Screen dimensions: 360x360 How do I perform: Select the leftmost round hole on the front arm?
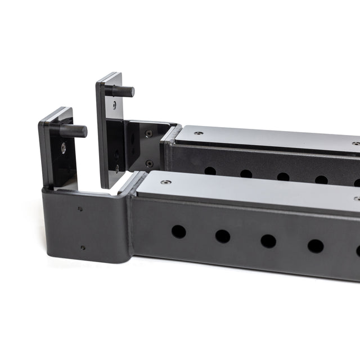(x=179, y=232)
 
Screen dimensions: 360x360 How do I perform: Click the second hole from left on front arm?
(x=223, y=236)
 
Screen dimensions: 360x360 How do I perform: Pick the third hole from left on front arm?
(x=268, y=241)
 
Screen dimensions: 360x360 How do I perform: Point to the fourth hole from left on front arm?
(x=316, y=246)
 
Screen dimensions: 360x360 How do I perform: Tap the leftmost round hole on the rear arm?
(x=210, y=170)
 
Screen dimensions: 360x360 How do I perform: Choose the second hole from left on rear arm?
(x=246, y=174)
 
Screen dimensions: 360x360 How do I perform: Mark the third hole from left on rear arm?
(x=283, y=177)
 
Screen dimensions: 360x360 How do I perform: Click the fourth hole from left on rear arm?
(x=321, y=180)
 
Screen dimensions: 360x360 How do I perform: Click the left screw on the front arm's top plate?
(x=165, y=182)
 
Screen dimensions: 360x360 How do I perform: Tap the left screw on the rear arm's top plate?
(x=199, y=133)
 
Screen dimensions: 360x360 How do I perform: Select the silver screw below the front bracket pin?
(x=64, y=148)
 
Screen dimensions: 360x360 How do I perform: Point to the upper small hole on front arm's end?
(x=80, y=209)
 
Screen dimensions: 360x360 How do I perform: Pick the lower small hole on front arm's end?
(x=83, y=247)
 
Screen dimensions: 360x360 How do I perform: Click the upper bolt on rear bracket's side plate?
(x=148, y=134)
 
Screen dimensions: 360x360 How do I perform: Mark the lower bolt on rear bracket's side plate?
(x=149, y=164)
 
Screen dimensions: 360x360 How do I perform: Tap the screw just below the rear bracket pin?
(x=115, y=105)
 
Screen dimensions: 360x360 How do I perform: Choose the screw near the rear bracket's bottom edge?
(x=117, y=168)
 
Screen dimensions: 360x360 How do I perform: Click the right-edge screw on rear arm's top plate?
(x=356, y=144)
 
